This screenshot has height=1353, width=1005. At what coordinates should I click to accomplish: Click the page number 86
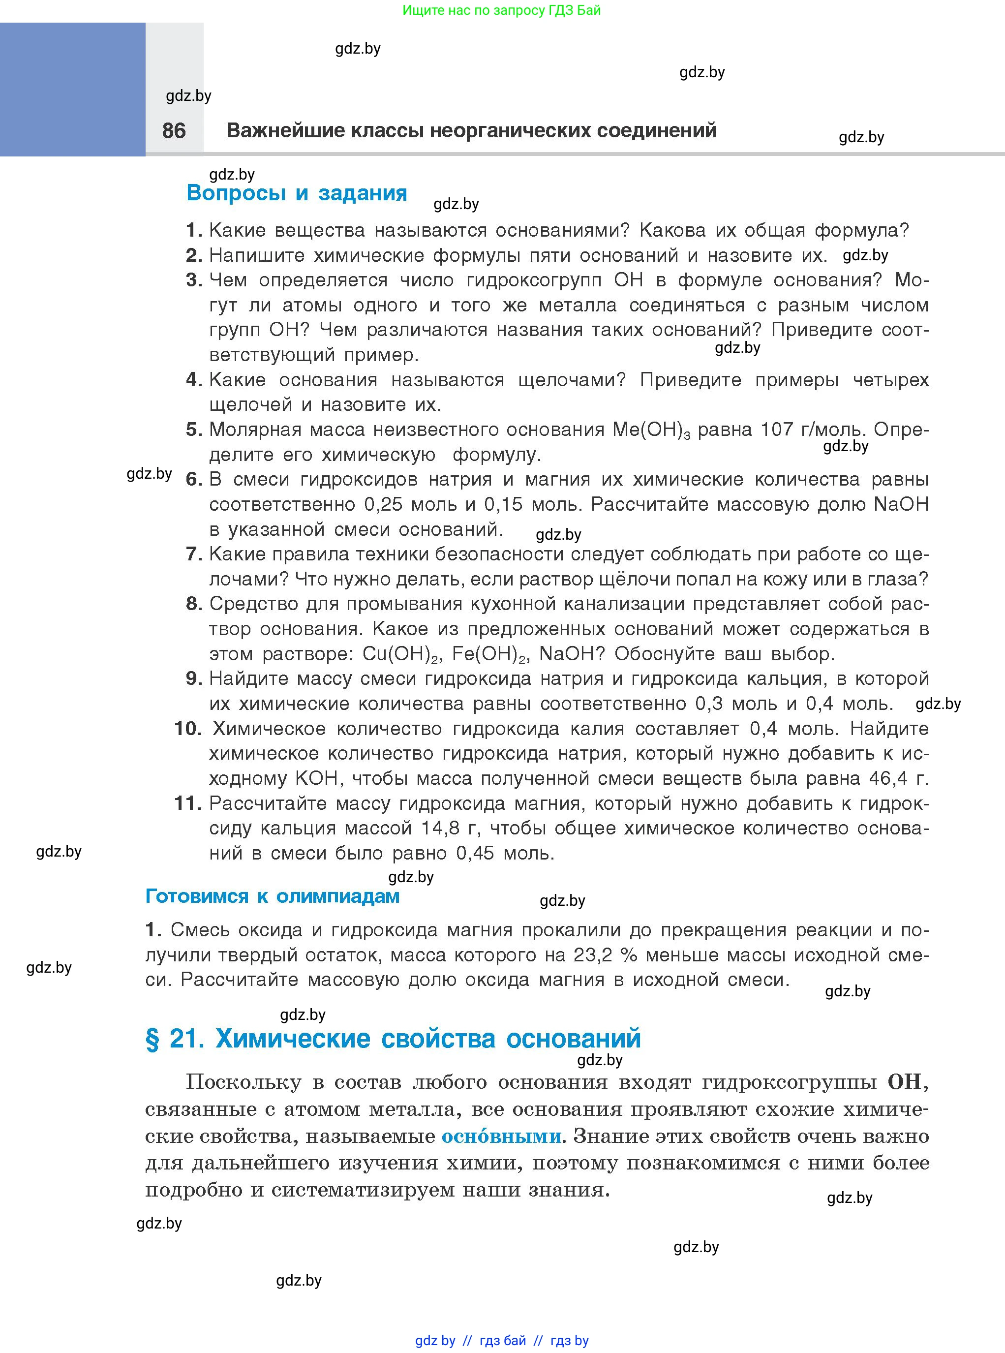click(x=174, y=131)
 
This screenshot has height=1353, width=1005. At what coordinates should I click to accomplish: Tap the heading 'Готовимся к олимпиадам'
click(x=272, y=896)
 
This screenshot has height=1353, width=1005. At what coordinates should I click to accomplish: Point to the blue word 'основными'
click(x=501, y=1136)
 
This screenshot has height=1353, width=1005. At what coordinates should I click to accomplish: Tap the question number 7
click(x=193, y=554)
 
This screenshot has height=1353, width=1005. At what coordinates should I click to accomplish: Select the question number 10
click(x=187, y=728)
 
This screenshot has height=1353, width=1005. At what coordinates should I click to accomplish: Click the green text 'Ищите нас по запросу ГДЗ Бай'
click(x=501, y=10)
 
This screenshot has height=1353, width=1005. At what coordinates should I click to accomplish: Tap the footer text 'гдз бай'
click(x=503, y=1340)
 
